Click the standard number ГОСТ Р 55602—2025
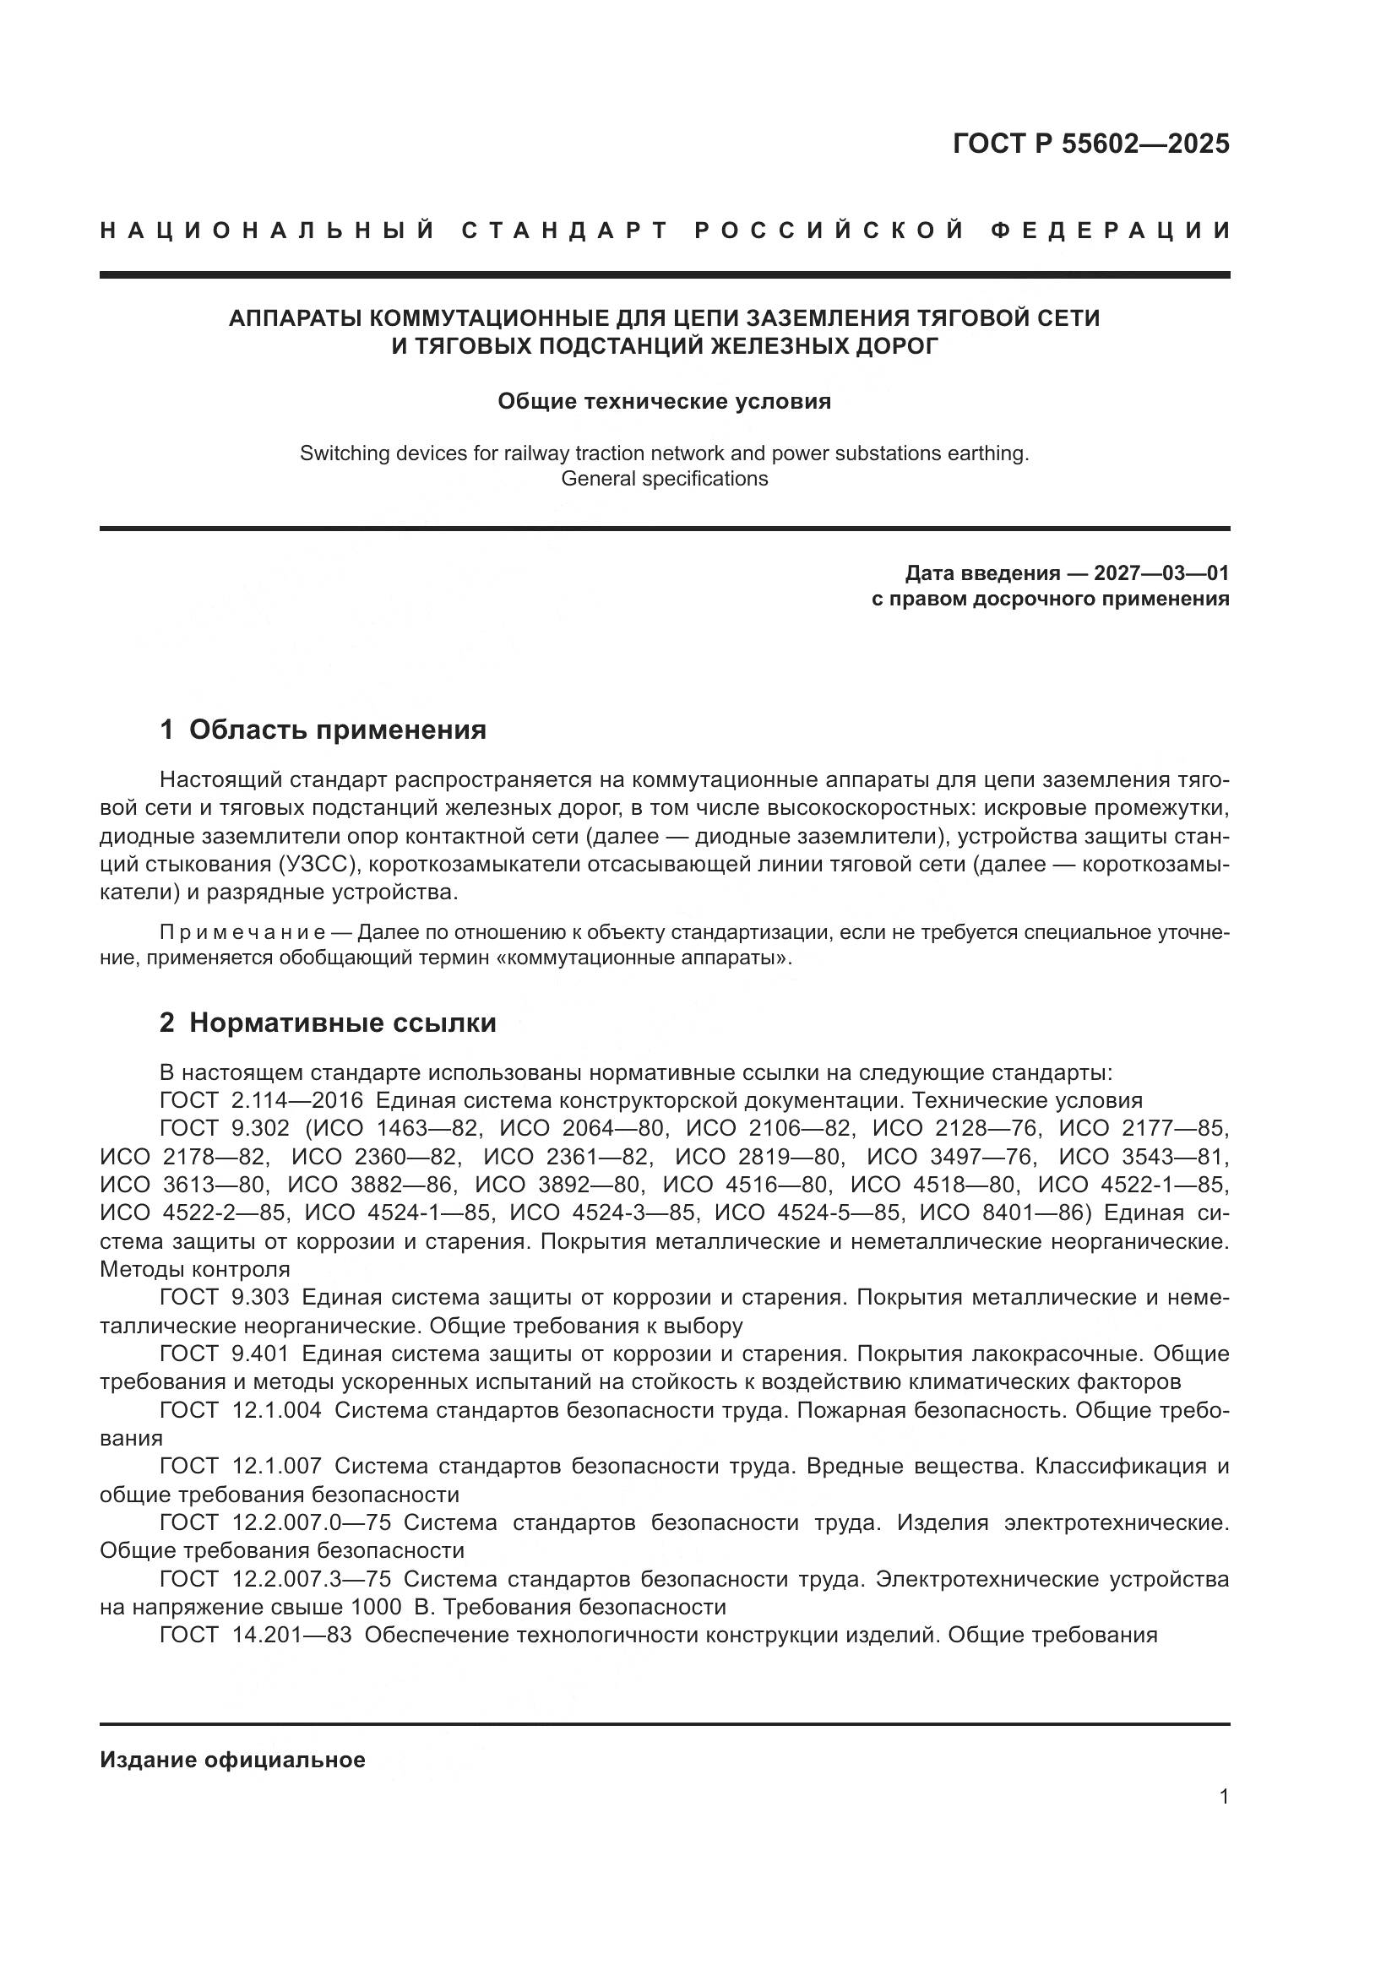(1090, 144)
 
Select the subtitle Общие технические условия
(664, 402)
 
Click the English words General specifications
(664, 478)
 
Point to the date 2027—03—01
(1161, 572)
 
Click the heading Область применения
(337, 730)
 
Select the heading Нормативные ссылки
(342, 1023)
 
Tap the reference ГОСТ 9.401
(225, 1354)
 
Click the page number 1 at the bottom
(1224, 1796)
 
